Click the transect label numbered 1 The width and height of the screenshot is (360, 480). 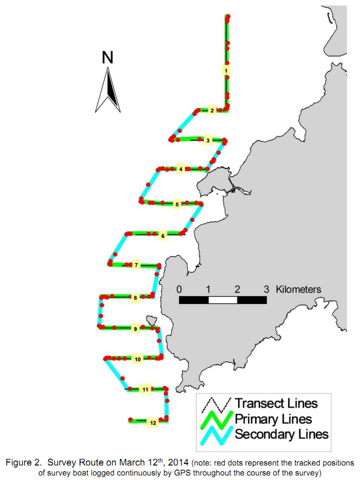click(226, 70)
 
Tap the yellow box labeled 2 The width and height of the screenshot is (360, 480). click(212, 110)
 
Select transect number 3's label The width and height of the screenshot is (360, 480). click(208, 140)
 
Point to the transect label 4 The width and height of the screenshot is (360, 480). click(181, 169)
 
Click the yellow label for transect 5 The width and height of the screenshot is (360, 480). click(177, 204)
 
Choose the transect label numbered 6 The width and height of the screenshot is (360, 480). click(163, 235)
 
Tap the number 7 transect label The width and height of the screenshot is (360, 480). click(136, 265)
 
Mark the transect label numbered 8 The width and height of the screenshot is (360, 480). click(135, 297)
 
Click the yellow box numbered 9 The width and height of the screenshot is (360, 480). click(135, 329)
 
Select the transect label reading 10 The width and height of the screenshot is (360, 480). click(138, 359)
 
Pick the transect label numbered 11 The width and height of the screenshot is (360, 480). click(145, 389)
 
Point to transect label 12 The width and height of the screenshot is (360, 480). click(153, 423)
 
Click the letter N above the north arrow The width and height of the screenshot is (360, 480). click(107, 57)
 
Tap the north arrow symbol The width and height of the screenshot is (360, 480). click(108, 90)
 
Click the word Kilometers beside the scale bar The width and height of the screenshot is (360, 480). click(298, 289)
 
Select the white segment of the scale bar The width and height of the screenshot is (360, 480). click(223, 300)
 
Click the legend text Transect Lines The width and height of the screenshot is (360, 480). click(276, 403)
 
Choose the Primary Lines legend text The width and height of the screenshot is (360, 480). click(273, 419)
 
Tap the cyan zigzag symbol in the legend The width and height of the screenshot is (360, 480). click(216, 434)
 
